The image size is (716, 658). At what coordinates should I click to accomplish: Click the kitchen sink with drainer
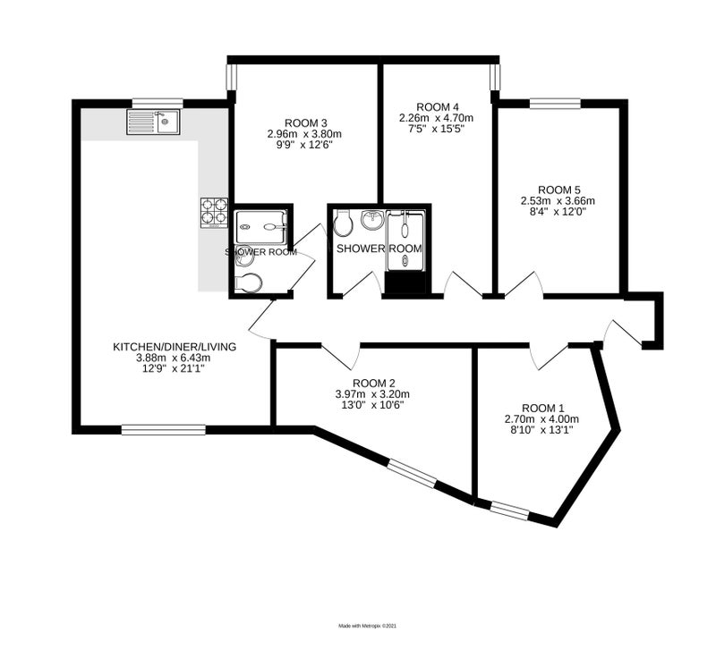(x=154, y=122)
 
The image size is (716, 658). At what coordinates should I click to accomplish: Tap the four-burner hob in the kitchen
(x=214, y=213)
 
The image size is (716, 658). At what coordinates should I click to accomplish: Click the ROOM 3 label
(x=306, y=123)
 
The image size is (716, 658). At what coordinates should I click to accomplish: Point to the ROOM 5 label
(x=558, y=190)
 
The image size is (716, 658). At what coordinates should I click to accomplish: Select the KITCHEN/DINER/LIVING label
(x=175, y=347)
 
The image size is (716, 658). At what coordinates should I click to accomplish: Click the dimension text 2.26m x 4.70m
(x=436, y=118)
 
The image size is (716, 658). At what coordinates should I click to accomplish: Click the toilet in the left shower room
(x=248, y=283)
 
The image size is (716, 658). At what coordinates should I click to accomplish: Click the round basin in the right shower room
(x=373, y=220)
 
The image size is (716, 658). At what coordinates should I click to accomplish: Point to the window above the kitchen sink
(x=158, y=104)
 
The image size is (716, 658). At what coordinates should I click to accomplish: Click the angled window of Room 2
(x=413, y=474)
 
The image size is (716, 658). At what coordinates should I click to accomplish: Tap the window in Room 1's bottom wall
(x=509, y=510)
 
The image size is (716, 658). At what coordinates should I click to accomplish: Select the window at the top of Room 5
(x=555, y=104)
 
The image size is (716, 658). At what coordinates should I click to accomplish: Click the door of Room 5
(x=524, y=285)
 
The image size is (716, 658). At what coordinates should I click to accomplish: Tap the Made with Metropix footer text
(x=368, y=626)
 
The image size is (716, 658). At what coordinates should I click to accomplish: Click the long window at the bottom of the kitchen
(x=164, y=429)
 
